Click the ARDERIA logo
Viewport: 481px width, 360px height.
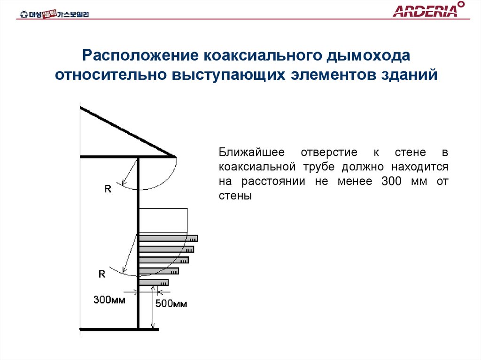pos(426,10)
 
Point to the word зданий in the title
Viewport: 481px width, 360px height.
pos(411,75)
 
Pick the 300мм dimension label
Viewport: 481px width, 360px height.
pos(109,299)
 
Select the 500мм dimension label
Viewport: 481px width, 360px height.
pos(171,304)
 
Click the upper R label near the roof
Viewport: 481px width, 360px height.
pos(108,190)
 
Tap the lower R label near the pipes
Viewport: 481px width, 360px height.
pos(101,274)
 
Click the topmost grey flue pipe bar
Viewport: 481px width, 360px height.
pos(168,238)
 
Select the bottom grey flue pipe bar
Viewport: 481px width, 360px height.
pos(154,283)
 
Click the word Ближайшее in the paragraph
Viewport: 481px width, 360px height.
pos(250,153)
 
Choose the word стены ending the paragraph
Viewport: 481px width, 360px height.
pos(235,196)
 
